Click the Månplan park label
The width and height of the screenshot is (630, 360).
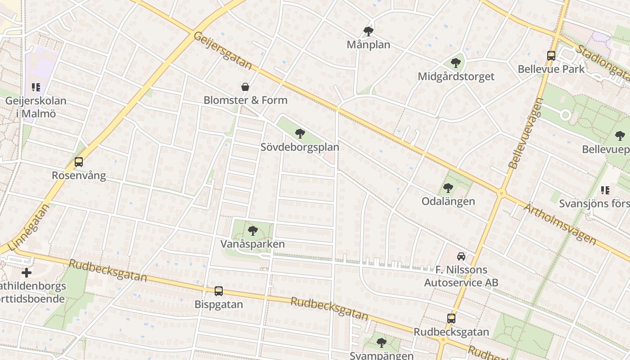pyautogui.click(x=368, y=45)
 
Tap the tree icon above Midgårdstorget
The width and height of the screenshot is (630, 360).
pyautogui.click(x=456, y=63)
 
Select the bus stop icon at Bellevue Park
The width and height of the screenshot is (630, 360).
pyautogui.click(x=551, y=56)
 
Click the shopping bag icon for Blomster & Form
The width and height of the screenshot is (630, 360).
pyautogui.click(x=245, y=87)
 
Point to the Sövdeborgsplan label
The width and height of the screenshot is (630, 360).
pyautogui.click(x=300, y=147)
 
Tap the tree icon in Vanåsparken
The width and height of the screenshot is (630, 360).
pyautogui.click(x=253, y=231)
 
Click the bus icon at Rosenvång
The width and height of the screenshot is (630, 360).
pyautogui.click(x=79, y=162)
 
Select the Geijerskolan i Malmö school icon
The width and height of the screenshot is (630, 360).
pyautogui.click(x=36, y=87)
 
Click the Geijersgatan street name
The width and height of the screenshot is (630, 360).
pyautogui.click(x=223, y=50)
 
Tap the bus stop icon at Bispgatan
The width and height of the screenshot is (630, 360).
pyautogui.click(x=219, y=291)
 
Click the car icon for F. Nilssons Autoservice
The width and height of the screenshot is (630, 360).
pyautogui.click(x=461, y=256)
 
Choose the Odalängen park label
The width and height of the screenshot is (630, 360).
pyautogui.click(x=448, y=201)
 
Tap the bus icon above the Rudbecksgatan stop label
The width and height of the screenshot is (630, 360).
pyautogui.click(x=451, y=319)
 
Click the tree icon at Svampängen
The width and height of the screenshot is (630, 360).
pyautogui.click(x=382, y=343)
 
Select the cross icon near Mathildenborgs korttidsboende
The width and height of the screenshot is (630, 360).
pyautogui.click(x=27, y=273)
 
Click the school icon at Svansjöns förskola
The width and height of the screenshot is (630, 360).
pyautogui.click(x=605, y=190)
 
